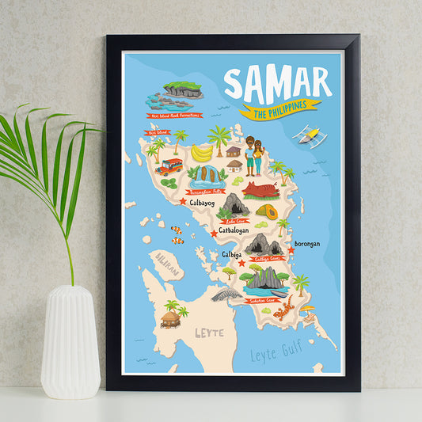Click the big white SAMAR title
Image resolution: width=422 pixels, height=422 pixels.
click(276, 83)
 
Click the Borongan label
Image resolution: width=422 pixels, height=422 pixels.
click(306, 244)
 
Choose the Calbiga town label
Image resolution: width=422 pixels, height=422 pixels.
click(231, 255)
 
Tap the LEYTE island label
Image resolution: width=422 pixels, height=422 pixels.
click(210, 333)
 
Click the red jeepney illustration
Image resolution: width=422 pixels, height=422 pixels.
click(168, 166)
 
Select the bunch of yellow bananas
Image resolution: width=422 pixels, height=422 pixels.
click(202, 151)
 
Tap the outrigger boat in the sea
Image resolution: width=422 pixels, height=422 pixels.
click(310, 138)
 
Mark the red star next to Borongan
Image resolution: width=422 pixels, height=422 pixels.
click(291, 250)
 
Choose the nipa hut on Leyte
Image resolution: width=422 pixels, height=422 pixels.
click(171, 317)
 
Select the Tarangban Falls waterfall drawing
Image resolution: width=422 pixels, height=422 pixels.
click(210, 175)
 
